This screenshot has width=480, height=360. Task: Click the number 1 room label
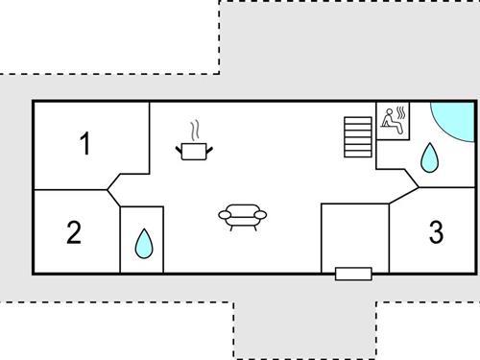[85, 145]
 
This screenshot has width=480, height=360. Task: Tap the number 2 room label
[74, 233]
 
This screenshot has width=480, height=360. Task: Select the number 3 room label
[436, 232]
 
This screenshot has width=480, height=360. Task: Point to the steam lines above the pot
[195, 130]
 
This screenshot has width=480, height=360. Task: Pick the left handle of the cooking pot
[180, 146]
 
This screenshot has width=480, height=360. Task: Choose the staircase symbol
[357, 136]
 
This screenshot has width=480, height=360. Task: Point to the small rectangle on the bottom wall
[353, 274]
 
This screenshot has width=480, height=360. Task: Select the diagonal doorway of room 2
[112, 197]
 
